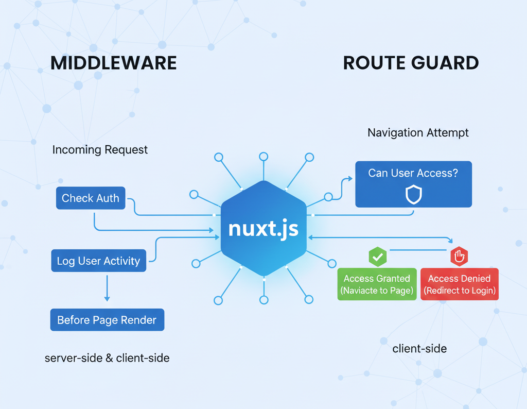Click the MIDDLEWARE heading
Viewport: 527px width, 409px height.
tap(114, 63)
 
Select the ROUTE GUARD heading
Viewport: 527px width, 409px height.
tap(411, 63)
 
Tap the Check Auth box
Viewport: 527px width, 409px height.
tap(91, 198)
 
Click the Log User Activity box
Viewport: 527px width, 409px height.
tap(98, 261)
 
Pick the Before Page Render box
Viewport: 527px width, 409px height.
tap(107, 320)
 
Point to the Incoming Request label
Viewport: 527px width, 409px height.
tap(100, 150)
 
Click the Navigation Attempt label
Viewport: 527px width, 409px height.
tap(418, 133)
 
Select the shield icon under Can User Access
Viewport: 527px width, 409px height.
tap(414, 195)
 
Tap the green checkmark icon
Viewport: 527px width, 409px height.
tap(377, 256)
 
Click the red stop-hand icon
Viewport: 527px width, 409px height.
tap(458, 256)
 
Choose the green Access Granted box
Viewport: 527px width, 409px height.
tap(377, 284)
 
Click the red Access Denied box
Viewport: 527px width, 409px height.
tap(460, 284)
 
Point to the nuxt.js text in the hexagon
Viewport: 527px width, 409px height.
tap(263, 228)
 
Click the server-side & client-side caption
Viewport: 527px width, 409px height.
tap(107, 357)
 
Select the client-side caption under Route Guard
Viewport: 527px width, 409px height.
tap(419, 349)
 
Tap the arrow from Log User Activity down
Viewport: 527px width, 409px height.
tap(107, 288)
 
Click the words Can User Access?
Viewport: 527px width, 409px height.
tap(413, 173)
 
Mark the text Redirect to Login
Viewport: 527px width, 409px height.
tap(460, 291)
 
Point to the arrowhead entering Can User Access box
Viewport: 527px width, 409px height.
tap(350, 179)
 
